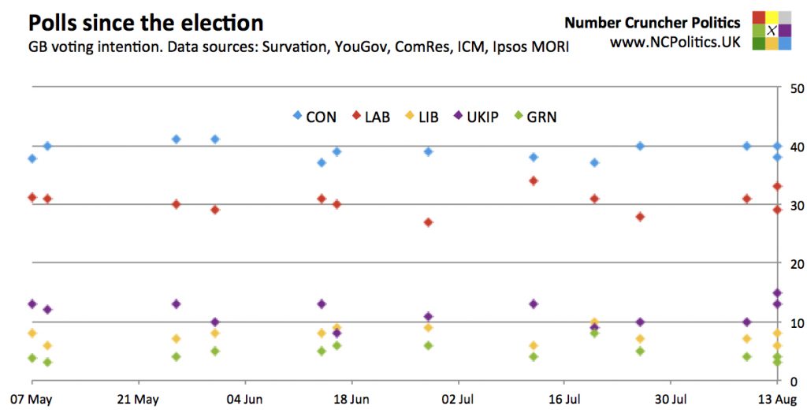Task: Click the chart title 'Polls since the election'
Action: point(146,21)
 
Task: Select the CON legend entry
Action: point(314,117)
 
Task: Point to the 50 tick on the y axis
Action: point(796,88)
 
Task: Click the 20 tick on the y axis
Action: point(796,264)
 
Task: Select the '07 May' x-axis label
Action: point(31,400)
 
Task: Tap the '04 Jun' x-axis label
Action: point(244,400)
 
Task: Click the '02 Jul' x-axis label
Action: point(458,400)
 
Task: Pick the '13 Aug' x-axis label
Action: point(775,400)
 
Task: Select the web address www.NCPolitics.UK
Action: point(675,43)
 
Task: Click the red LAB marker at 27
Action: point(428,222)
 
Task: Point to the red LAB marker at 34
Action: point(534,181)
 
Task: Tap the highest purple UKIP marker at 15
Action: point(777,293)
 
